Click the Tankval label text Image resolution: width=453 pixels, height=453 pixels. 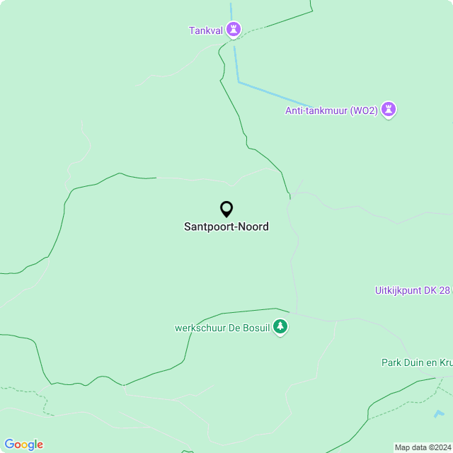205,30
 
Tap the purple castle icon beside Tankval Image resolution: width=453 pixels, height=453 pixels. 234,30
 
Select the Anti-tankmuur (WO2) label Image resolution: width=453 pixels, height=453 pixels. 331,110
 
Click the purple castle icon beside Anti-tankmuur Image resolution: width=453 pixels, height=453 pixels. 388,110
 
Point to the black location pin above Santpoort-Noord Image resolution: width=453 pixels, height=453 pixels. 226,209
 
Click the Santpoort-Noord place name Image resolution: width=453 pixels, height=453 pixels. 226,227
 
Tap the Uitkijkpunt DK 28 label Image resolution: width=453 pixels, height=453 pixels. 412,290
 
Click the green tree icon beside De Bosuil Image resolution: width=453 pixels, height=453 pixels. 281,327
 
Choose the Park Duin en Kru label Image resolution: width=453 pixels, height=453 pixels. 416,362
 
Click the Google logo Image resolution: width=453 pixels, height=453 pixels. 23,444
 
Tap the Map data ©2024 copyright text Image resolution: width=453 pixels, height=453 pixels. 423,447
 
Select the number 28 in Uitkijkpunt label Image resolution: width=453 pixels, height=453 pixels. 444,290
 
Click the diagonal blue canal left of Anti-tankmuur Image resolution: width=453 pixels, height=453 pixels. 276,96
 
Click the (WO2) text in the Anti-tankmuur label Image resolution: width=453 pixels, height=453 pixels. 363,110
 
